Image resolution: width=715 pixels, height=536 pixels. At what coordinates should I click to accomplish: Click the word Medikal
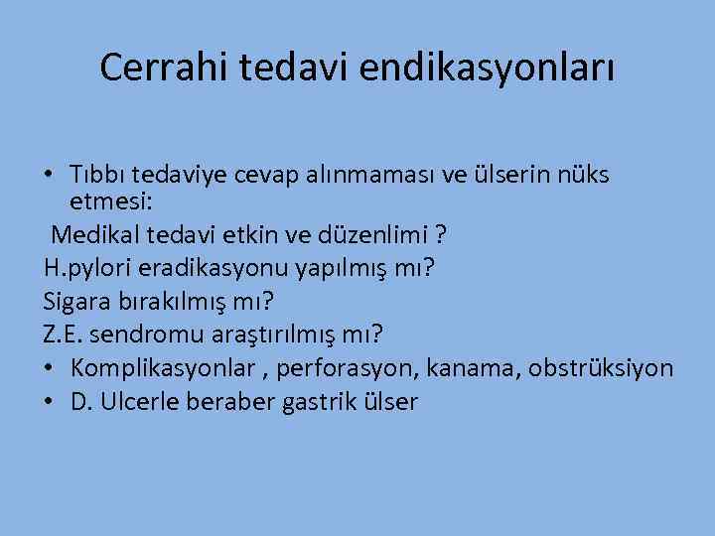[x=94, y=237]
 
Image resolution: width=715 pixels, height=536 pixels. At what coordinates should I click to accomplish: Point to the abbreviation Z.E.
[x=62, y=332]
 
